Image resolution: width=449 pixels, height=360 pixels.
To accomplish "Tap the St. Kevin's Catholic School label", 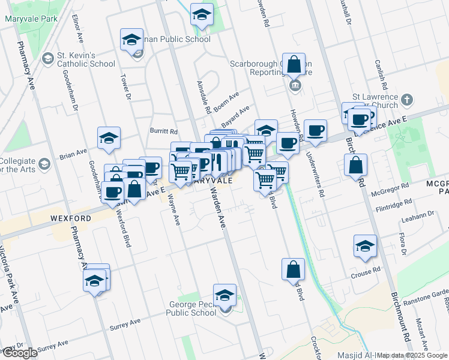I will tap(86, 59).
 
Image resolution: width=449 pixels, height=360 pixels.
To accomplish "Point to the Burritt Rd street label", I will tap(164, 131).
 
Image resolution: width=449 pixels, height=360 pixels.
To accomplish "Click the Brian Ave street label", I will tap(73, 154).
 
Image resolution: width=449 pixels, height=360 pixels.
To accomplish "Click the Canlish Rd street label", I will tap(379, 71).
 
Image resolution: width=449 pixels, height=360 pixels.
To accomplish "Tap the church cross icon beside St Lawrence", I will tap(407, 100).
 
